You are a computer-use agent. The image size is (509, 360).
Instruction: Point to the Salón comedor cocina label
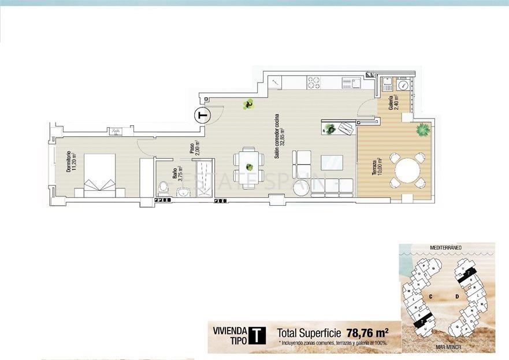(278, 136)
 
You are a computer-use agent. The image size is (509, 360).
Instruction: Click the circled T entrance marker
(202, 116)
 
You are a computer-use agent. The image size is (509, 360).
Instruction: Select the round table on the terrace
(407, 170)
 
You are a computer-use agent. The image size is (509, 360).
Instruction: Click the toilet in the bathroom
(164, 187)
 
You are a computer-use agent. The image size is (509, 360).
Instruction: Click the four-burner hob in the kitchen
(314, 83)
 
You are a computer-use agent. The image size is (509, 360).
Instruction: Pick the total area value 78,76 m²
(367, 333)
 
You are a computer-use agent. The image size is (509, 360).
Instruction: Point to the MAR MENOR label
(448, 349)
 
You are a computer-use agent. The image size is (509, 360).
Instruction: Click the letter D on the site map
(456, 297)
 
